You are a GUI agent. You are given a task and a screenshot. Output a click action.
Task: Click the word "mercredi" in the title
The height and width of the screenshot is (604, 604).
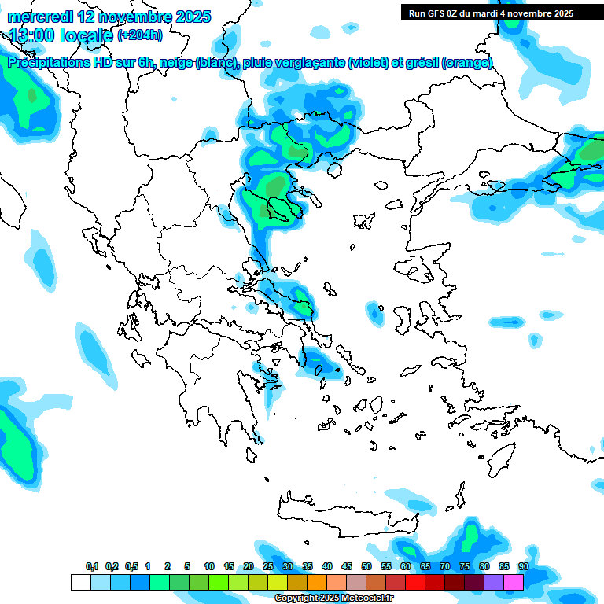pos(39,17)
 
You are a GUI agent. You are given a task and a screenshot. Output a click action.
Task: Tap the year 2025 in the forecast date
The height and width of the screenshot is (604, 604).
pos(188,17)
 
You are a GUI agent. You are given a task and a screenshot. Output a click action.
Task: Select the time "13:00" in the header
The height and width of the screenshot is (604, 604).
pos(34,35)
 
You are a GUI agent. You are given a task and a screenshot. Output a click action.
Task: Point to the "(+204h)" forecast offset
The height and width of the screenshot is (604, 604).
pos(140,35)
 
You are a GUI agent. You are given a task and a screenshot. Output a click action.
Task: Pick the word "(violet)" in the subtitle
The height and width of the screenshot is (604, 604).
pos(369,63)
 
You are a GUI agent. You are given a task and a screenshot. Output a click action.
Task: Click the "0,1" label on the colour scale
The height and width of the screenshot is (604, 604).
pos(92,566)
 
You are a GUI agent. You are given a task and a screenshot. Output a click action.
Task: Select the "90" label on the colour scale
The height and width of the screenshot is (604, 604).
pos(524,566)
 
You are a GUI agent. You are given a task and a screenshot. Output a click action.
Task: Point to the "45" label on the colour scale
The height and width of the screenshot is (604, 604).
pos(347,566)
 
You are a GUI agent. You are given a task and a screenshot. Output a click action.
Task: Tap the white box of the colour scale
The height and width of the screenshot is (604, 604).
pos(80,582)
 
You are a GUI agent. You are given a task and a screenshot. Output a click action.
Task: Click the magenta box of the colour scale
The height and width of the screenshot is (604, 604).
pos(514,582)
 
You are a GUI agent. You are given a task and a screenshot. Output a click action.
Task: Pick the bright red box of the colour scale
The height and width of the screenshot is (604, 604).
pos(415,582)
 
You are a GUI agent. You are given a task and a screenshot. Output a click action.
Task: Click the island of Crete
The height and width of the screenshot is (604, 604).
pos(346,507)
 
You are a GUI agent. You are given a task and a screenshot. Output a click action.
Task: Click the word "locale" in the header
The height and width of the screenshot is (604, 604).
pos(85,35)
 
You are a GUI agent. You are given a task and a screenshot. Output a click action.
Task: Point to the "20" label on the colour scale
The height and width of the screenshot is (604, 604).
pos(249,566)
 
